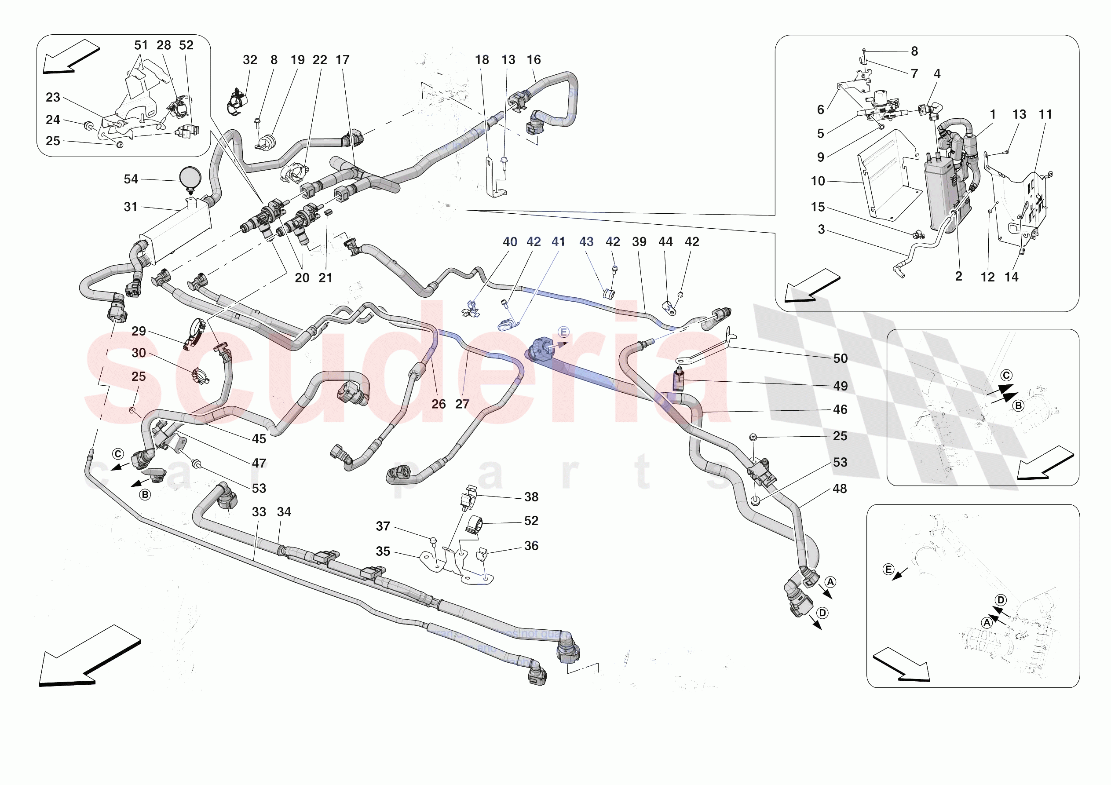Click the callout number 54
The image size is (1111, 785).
(131, 179)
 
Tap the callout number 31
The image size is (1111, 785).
(131, 207)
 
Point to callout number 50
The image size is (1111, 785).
(840, 358)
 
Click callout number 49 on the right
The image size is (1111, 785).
(840, 386)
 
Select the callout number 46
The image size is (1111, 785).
(840, 409)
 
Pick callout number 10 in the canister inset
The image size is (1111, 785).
(818, 181)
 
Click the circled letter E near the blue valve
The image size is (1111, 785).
(563, 332)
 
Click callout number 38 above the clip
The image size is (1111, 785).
(531, 497)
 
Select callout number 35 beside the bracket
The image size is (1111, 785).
(383, 551)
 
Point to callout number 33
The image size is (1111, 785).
(259, 512)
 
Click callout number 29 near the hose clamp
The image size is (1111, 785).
(139, 331)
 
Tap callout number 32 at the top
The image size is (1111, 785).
(250, 60)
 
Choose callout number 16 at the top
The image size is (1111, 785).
(533, 60)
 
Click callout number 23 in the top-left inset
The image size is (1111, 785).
(53, 97)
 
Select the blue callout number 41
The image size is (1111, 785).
(558, 241)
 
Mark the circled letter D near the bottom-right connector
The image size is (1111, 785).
(822, 613)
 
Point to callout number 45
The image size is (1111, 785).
(259, 439)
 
